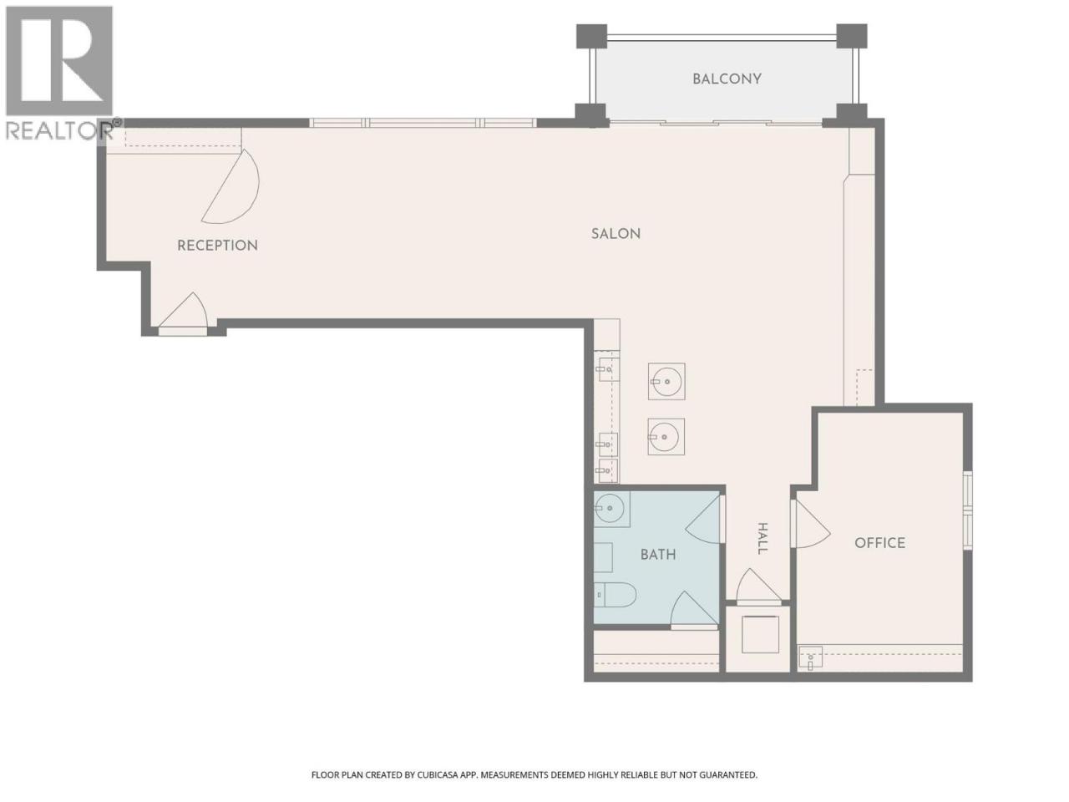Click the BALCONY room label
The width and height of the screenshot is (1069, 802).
coord(727,79)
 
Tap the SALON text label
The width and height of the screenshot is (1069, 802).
coord(616,234)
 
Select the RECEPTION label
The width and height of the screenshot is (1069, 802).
coord(217,246)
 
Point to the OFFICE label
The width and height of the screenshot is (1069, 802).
coord(880,543)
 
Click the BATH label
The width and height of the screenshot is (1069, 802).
coord(658,555)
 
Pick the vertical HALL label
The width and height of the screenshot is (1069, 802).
coord(762,539)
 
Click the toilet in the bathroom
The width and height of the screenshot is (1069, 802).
coord(616,595)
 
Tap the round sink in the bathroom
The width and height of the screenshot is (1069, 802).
coord(610,508)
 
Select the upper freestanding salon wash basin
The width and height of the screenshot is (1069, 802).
coord(666,382)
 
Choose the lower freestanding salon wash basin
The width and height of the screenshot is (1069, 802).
coord(666,437)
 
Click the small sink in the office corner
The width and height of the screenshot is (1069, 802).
coord(810,657)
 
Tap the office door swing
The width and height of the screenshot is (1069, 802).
coord(810,524)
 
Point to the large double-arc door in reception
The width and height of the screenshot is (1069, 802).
coord(231,186)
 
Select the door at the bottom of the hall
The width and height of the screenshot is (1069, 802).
coord(757,586)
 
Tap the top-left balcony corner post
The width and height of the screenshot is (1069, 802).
coord(592,36)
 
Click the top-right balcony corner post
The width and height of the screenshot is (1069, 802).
coord(852,36)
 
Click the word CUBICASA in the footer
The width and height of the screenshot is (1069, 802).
coord(438,774)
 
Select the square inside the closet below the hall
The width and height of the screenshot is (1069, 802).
coord(760,634)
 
